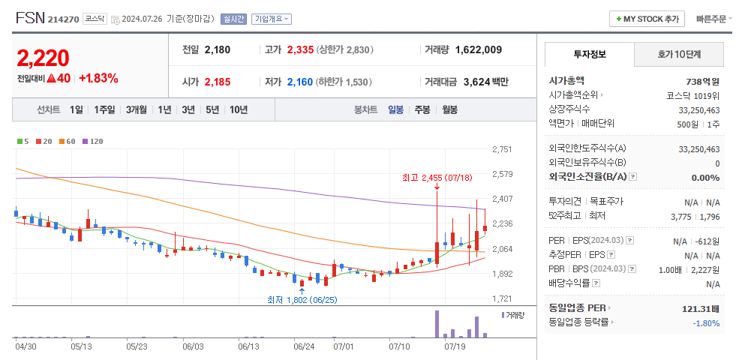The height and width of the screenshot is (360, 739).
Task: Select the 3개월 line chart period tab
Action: (137, 109)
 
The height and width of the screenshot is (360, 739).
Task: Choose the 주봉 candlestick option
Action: (422, 109)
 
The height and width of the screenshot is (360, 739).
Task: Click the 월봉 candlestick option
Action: (449, 109)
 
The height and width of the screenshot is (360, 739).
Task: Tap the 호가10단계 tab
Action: (679, 54)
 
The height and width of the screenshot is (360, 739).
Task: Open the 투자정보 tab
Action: (590, 54)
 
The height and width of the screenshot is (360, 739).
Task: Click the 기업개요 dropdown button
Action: (272, 19)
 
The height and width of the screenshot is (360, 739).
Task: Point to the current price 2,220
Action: (43, 58)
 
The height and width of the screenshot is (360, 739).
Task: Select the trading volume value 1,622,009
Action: (478, 49)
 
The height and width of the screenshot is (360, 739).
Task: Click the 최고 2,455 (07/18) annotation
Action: (437, 178)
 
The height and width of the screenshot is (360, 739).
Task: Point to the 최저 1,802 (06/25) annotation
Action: (302, 300)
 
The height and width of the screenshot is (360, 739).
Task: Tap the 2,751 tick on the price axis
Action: (502, 150)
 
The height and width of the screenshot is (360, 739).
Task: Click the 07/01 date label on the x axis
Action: (343, 346)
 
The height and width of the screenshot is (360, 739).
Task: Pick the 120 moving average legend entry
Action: (93, 141)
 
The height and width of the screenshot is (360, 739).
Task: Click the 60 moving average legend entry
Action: (68, 141)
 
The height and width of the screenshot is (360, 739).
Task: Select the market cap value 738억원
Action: (703, 81)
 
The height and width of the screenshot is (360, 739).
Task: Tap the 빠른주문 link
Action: (713, 19)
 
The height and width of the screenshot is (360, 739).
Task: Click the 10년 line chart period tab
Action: (239, 109)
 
